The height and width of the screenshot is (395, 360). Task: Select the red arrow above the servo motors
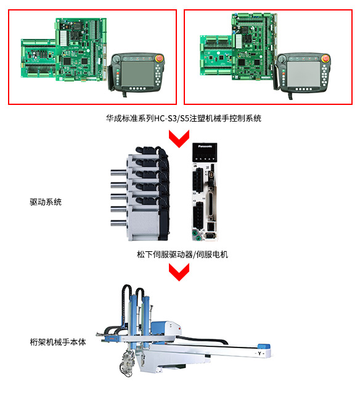179,138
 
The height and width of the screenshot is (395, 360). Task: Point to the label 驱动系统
46,202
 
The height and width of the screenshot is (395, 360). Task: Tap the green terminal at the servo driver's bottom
195,235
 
